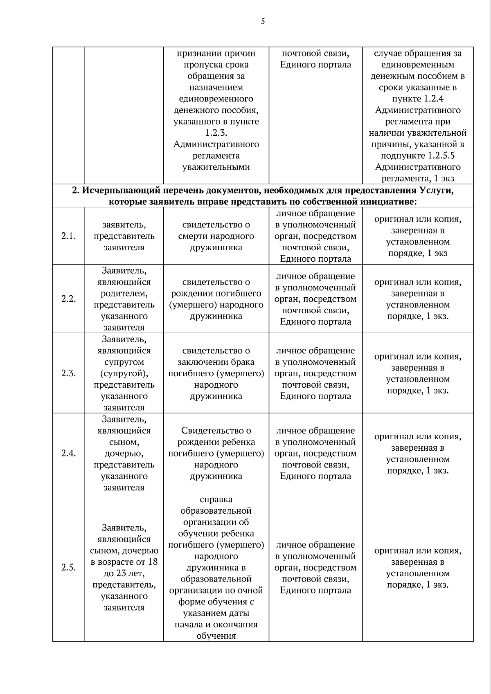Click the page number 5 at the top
point(263,22)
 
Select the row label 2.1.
point(69,236)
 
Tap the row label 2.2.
point(69,299)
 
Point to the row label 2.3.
point(69,373)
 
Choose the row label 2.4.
point(69,453)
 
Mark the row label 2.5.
point(69,567)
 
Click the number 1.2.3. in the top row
point(216,133)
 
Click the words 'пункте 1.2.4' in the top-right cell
point(418,99)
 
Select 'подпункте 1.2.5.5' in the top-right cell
point(418,156)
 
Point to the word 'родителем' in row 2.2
point(124,293)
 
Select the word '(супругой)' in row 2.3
point(124,373)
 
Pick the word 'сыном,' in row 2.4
point(124,442)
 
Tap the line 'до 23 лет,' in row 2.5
point(124,573)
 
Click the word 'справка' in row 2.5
point(216,499)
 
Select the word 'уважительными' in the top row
point(216,167)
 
